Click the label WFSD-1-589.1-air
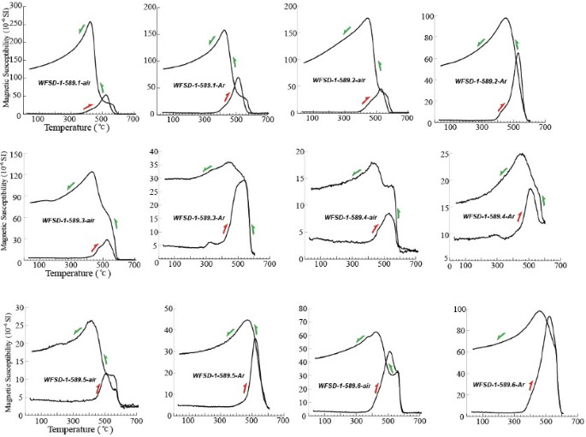[x=64, y=82]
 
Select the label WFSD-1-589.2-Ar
[x=482, y=81]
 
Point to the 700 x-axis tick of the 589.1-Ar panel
[x=266, y=119]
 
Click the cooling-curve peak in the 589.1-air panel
[x=90, y=23]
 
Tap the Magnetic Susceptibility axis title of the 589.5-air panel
[x=8, y=360]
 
